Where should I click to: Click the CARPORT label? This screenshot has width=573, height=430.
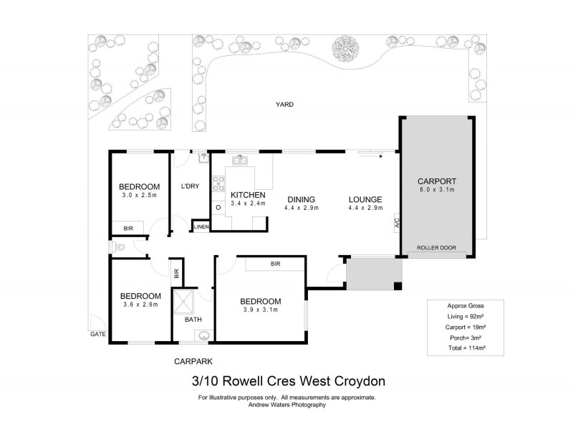click(436, 181)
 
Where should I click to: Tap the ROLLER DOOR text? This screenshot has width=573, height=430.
click(436, 247)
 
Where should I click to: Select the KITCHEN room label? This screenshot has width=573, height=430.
click(248, 195)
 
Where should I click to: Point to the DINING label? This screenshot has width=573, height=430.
click(301, 199)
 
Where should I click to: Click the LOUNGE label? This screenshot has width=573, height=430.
click(365, 199)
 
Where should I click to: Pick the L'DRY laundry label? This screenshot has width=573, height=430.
click(190, 186)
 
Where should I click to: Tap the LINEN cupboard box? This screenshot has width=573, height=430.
click(201, 227)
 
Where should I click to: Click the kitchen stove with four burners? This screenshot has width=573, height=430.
click(218, 183)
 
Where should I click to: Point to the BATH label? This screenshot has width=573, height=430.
click(193, 320)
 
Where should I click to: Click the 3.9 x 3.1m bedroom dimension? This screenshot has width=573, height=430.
click(260, 310)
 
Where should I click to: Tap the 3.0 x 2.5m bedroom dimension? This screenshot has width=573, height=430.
click(139, 195)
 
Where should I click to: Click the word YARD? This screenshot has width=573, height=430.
click(285, 105)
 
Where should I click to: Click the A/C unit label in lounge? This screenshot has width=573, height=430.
click(395, 222)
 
